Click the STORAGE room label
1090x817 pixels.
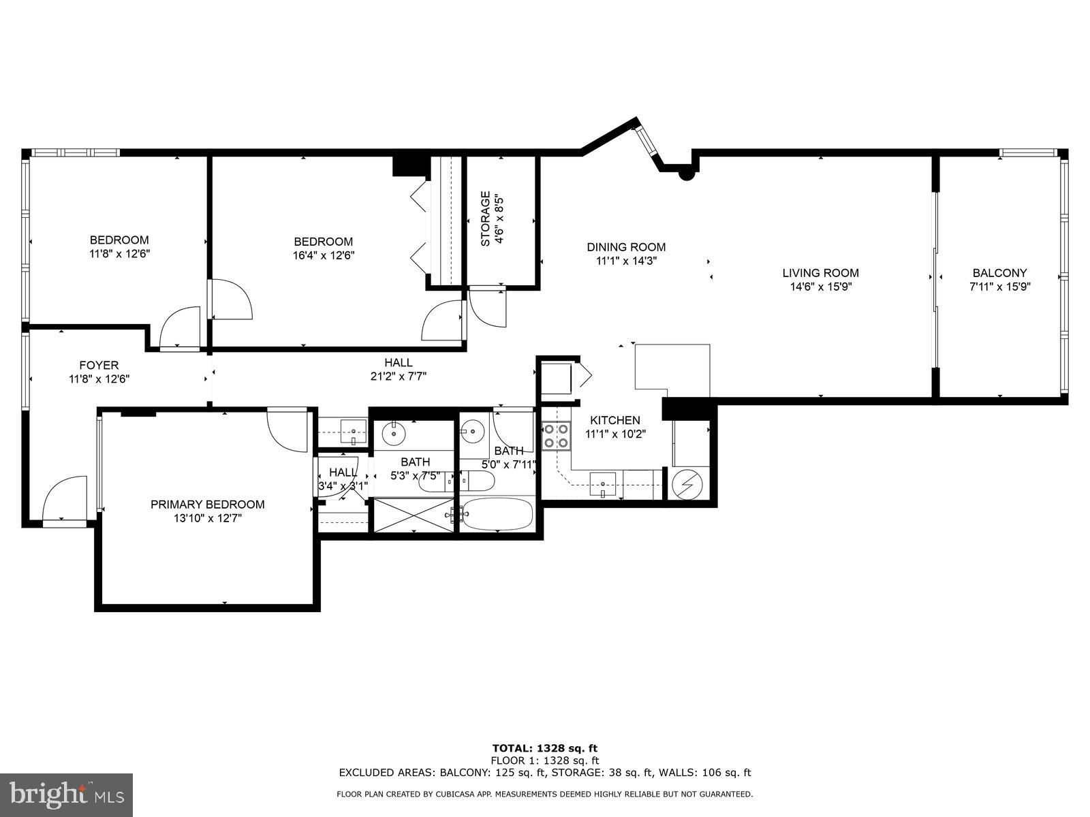pyautogui.click(x=486, y=219)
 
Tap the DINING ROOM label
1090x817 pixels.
pyautogui.click(x=626, y=247)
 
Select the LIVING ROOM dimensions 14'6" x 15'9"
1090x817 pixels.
pyautogui.click(x=820, y=287)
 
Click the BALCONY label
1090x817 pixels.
pyautogui.click(x=999, y=273)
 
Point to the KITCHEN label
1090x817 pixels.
pyautogui.click(x=614, y=420)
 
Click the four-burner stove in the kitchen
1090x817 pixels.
pyautogui.click(x=556, y=436)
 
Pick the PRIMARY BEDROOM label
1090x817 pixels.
pyautogui.click(x=207, y=504)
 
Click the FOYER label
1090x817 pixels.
pyautogui.click(x=99, y=366)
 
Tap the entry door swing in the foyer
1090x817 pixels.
pyautogui.click(x=65, y=499)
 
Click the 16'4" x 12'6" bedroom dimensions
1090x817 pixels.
pyautogui.click(x=323, y=255)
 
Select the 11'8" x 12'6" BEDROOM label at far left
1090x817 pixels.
pyautogui.click(x=119, y=240)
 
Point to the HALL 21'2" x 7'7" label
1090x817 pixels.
pyautogui.click(x=398, y=369)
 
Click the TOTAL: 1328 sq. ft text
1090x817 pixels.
pyautogui.click(x=545, y=748)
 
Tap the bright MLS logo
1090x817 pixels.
pyautogui.click(x=67, y=794)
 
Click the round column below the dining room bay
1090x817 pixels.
pyautogui.click(x=687, y=174)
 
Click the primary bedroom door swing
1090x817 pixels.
pyautogui.click(x=290, y=429)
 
